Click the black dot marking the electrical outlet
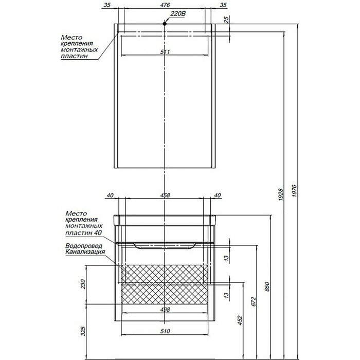pos(165,23)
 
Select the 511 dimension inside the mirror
pos(165,51)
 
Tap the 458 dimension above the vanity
pos(165,195)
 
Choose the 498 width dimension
pos(165,310)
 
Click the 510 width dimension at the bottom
pos(165,331)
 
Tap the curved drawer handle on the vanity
pos(165,245)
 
